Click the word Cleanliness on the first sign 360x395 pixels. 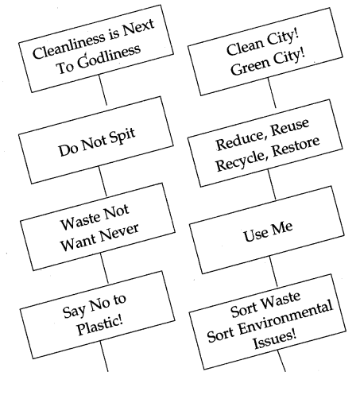coord(68,46)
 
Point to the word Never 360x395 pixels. coord(119,233)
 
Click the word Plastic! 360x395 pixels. coord(100,325)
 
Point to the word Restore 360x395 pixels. coord(296,146)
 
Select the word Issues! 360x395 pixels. coord(275,340)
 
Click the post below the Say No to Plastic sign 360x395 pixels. coord(104,356)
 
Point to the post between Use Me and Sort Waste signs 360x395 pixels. coord(273,271)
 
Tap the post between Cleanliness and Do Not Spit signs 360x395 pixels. coord(103,90)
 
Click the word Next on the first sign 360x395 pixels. coord(138,28)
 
